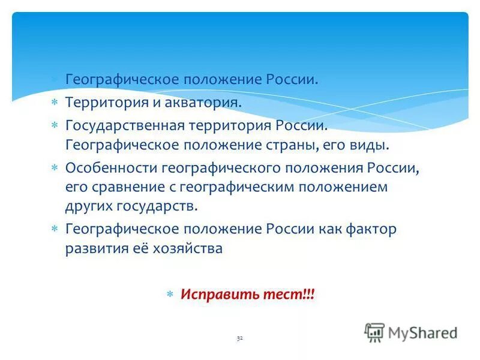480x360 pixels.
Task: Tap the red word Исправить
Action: pos(220,295)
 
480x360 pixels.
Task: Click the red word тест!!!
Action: pos(288,295)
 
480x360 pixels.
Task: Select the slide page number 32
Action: pos(239,338)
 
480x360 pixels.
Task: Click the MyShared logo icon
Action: pos(374,332)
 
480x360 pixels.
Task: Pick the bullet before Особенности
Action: pos(55,169)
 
